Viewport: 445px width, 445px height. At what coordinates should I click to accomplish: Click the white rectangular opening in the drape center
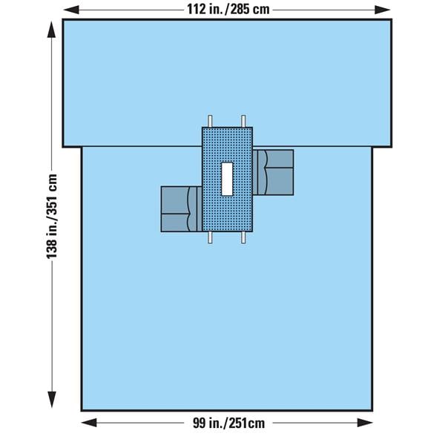point(227,179)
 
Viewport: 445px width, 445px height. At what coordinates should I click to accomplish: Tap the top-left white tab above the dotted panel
point(210,121)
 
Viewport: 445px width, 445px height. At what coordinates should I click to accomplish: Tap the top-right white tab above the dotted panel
point(243,121)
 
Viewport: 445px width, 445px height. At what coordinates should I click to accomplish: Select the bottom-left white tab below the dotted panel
point(210,237)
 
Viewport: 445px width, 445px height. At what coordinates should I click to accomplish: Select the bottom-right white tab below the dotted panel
point(243,237)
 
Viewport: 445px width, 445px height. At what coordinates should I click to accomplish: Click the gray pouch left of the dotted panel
point(182,209)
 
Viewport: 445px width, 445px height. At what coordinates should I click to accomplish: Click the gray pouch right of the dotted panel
point(273,173)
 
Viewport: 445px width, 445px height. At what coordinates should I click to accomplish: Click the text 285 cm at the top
point(250,10)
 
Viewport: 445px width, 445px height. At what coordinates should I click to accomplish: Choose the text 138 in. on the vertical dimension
point(52,240)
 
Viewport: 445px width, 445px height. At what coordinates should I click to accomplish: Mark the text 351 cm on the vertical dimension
point(52,194)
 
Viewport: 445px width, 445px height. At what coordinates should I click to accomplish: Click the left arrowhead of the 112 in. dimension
point(71,10)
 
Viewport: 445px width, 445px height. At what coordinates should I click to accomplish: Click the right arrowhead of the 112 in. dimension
point(383,10)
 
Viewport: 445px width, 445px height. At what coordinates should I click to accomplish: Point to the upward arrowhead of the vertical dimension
point(52,29)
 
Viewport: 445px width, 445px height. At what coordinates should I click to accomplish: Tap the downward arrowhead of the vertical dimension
point(52,400)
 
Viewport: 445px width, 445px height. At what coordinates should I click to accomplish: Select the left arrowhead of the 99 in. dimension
point(89,423)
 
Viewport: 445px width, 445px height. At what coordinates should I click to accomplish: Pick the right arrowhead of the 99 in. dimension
point(365,423)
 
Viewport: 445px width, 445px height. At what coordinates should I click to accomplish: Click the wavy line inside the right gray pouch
point(266,173)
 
